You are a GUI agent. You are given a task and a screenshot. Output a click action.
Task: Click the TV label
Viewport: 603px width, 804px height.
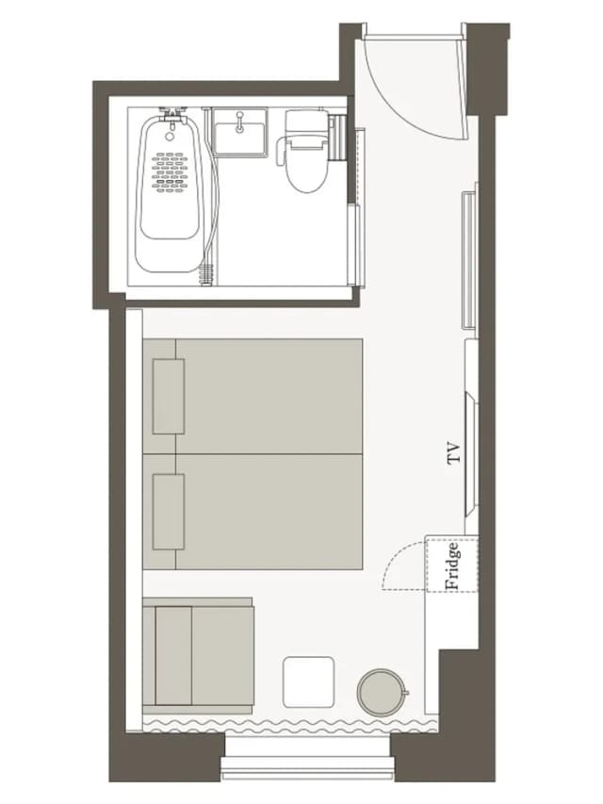tap(454, 453)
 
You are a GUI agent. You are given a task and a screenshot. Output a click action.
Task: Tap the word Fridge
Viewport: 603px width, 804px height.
tap(452, 565)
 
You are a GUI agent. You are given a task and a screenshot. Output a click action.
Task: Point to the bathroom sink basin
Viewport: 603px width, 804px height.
tap(239, 137)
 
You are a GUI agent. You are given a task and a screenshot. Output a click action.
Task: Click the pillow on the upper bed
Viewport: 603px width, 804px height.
tap(169, 397)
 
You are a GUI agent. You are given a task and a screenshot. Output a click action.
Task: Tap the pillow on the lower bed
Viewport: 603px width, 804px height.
tap(169, 512)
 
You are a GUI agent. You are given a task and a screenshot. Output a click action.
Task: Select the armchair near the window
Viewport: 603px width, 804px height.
tap(198, 656)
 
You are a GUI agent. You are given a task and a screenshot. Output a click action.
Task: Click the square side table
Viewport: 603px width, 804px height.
tap(309, 682)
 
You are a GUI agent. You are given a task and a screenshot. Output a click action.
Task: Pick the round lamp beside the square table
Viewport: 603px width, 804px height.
tap(382, 692)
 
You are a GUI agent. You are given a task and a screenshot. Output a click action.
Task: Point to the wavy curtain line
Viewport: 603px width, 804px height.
tap(289, 726)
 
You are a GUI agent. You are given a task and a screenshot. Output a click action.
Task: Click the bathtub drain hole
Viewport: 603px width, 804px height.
tap(170, 137)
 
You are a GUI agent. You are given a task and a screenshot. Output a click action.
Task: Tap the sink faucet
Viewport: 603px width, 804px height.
tap(239, 122)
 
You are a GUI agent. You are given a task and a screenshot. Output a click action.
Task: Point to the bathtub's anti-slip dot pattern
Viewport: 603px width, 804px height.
tap(170, 172)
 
